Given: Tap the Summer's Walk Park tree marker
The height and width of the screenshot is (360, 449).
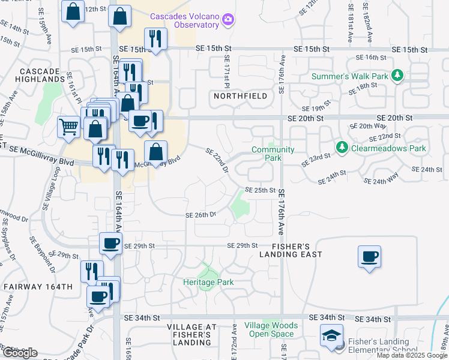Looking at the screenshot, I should pyautogui.click(x=396, y=76).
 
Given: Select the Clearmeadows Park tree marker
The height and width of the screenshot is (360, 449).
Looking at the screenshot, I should pyautogui.click(x=342, y=148).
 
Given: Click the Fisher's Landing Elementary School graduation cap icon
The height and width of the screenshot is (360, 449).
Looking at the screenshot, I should pyautogui.click(x=331, y=336).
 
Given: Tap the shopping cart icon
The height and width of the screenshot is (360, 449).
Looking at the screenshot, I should pyautogui.click(x=68, y=127).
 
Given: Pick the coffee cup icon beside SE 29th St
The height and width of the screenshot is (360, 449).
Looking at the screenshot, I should pyautogui.click(x=110, y=243).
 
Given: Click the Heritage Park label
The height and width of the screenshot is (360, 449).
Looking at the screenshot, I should pyautogui.click(x=208, y=281).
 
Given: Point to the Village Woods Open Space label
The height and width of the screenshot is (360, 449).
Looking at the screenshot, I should pyautogui.click(x=271, y=329).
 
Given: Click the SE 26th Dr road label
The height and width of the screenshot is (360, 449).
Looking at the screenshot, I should pyautogui.click(x=200, y=215).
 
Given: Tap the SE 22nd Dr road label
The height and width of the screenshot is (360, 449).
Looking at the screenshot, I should pyautogui.click(x=217, y=161).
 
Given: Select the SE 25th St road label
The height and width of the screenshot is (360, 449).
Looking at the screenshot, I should pyautogui.click(x=260, y=190).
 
